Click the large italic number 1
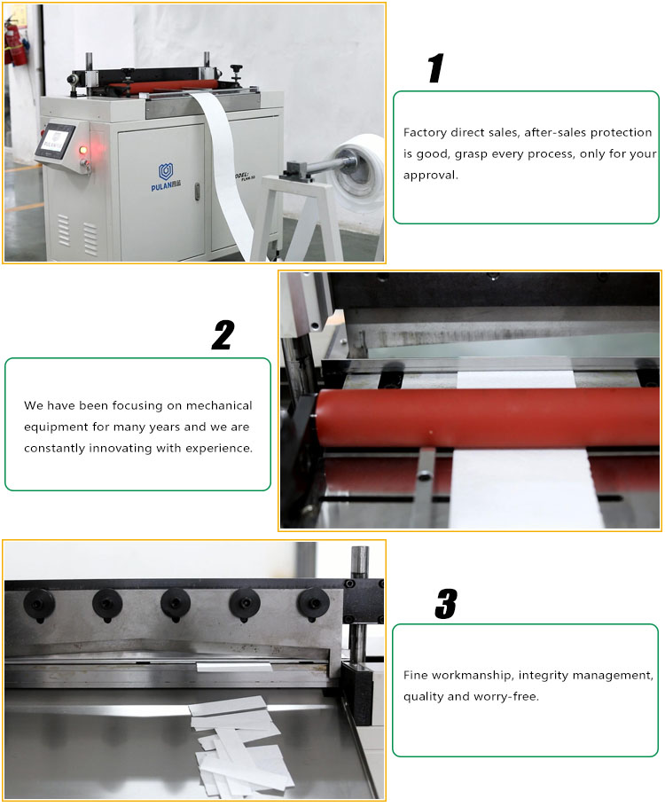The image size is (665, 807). tap(434, 68)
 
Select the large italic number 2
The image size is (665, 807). tap(223, 335)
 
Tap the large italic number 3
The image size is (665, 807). tap(445, 603)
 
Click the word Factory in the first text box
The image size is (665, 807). tap(425, 132)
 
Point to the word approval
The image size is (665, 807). tap(431, 175)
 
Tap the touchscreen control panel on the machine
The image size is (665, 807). tap(59, 142)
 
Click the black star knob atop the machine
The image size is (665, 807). tap(237, 68)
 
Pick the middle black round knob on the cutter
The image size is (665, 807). tap(176, 603)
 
